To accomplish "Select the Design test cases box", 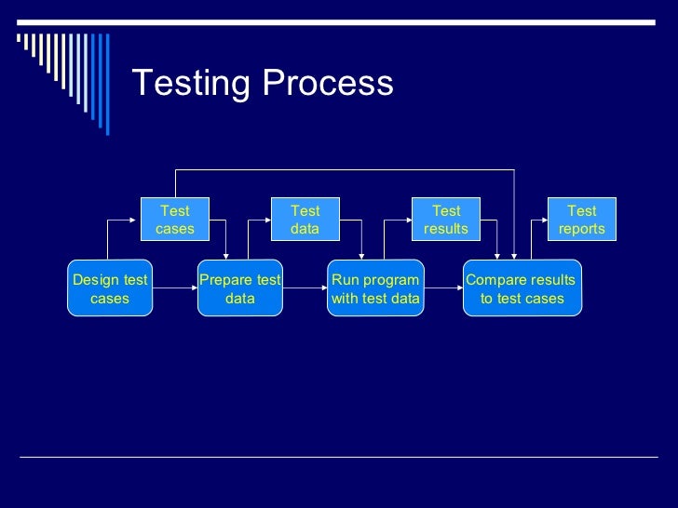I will tap(110, 288).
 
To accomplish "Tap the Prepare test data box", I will tap(240, 288).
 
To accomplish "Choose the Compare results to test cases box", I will tap(522, 288).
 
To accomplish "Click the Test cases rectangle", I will tap(175, 220).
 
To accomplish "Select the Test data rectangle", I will tap(305, 220).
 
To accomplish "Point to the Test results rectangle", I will tap(446, 220).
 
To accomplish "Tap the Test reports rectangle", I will tap(582, 220).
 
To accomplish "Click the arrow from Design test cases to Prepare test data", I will tap(175, 288).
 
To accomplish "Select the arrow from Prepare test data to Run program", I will tap(305, 288).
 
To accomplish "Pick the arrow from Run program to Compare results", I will tap(443, 288).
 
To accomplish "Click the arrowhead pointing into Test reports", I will tap(543, 221).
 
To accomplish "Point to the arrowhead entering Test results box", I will tap(409, 221).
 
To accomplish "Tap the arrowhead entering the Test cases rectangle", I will tap(137, 221).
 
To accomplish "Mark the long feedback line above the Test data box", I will tap(345, 170).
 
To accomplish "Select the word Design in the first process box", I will tap(93, 280).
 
